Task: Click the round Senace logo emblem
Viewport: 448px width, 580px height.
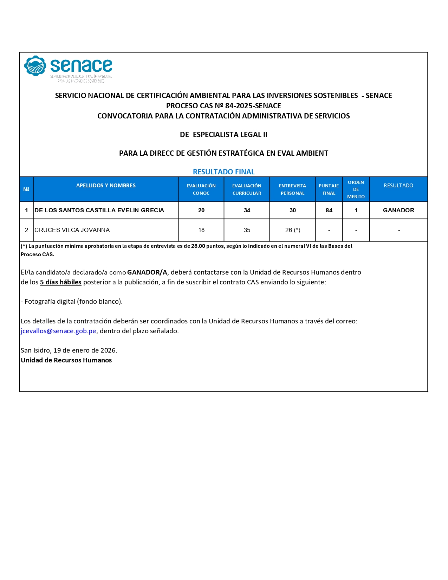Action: [35, 66]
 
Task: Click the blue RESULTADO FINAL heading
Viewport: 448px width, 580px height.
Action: [223, 172]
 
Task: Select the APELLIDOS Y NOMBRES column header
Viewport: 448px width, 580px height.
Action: [106, 186]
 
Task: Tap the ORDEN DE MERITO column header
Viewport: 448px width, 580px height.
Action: [356, 189]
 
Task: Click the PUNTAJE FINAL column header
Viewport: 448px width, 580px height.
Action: [329, 189]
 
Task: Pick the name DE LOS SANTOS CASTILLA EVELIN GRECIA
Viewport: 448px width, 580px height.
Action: [99, 211]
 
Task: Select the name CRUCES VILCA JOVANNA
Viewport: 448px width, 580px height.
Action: [72, 230]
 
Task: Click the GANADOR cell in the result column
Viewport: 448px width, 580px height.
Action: [398, 211]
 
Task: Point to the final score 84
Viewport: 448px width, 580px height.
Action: [329, 211]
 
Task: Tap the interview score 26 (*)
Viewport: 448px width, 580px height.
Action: [292, 230]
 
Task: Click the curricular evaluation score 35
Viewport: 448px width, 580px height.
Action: [247, 230]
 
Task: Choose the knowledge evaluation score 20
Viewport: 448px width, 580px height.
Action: [201, 211]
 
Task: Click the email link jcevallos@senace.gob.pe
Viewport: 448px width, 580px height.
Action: [58, 331]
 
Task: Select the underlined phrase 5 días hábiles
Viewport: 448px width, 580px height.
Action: [60, 282]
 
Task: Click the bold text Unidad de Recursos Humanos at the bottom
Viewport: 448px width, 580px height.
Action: [66, 360]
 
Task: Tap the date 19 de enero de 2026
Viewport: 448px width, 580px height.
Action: [85, 350]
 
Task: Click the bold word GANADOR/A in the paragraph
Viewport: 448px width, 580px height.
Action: [147, 272]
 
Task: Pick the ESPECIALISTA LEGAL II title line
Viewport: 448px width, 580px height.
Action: [230, 135]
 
